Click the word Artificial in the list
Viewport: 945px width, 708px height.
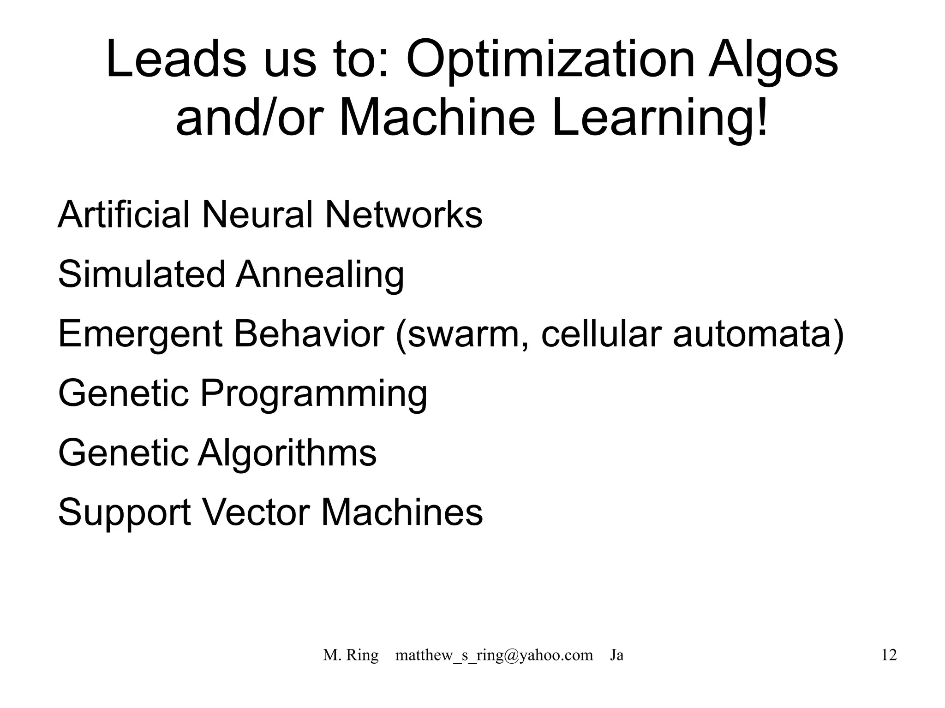(x=124, y=214)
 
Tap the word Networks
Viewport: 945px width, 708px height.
(x=404, y=214)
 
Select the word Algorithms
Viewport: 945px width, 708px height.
(x=287, y=454)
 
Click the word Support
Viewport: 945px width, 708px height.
(x=125, y=513)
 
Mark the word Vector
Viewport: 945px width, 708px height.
(x=256, y=512)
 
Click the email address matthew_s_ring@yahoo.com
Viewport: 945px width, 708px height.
(x=494, y=655)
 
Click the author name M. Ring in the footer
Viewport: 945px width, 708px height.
(x=351, y=655)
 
